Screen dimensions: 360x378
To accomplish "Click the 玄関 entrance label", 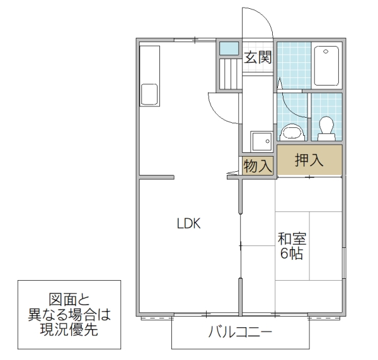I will [x=258, y=59].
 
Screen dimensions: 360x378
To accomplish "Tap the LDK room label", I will [x=188, y=223].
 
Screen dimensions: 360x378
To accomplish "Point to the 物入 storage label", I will [x=258, y=166].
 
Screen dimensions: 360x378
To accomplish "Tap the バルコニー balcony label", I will [x=241, y=334].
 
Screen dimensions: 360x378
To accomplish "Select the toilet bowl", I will [x=326, y=128].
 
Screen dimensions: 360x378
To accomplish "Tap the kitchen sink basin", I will [x=152, y=95].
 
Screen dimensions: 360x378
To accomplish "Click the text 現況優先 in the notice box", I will [x=69, y=330].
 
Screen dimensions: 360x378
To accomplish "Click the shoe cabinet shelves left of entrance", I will [x=229, y=73].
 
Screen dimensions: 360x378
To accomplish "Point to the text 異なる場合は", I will [x=69, y=315].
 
